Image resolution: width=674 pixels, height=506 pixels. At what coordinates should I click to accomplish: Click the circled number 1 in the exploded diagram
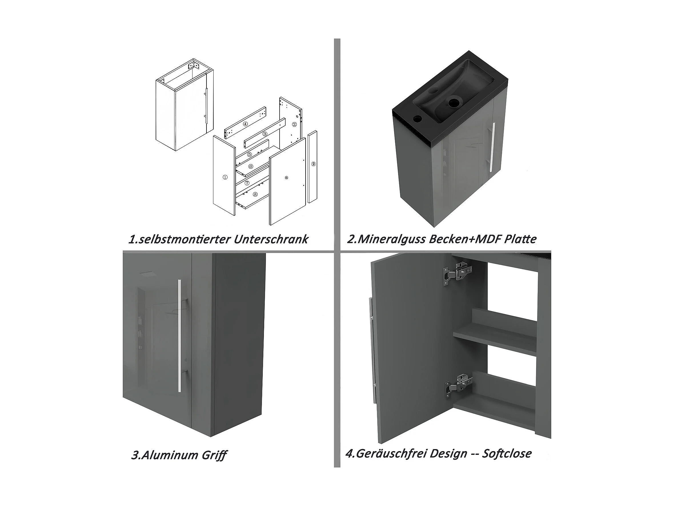(225, 177)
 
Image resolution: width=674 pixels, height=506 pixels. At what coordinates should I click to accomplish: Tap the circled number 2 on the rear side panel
(294, 124)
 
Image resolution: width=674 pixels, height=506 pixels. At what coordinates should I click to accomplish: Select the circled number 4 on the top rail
(245, 124)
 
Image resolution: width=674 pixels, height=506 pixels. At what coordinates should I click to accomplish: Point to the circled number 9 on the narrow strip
(314, 164)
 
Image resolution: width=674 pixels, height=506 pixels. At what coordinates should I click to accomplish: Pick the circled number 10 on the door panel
(286, 178)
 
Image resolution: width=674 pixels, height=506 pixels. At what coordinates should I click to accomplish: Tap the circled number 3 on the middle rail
(265, 134)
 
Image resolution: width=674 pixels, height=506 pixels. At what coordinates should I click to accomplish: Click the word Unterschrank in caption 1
(271, 239)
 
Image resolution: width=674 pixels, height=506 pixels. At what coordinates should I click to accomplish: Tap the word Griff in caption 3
(214, 456)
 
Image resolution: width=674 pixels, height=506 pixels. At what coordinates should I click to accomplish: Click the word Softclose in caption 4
(507, 453)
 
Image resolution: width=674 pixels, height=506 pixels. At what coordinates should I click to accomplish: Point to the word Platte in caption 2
(520, 239)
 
